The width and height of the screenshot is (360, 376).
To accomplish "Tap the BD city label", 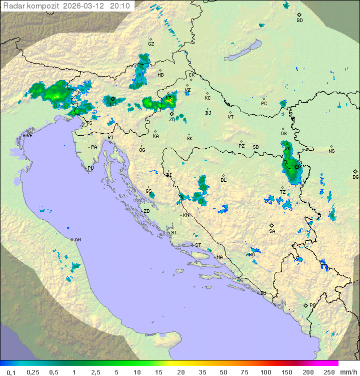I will pos(299,21).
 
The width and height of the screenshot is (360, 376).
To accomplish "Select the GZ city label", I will pos(151,44).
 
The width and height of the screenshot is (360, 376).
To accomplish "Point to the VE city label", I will pos(29,136).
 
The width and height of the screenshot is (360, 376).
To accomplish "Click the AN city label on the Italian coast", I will pos(77,240).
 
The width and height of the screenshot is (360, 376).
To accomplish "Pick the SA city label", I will pos(272,231).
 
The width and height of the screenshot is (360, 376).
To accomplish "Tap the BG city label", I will pos(355,177).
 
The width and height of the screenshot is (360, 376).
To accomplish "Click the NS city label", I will pos(331,151).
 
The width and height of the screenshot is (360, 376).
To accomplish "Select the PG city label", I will pos(312,305).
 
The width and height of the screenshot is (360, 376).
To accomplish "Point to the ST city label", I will pos(198,245).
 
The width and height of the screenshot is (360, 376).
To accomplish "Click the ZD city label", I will pos(146,211).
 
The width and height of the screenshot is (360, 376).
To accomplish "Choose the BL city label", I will pos(223,180).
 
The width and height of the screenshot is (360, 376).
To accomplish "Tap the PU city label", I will pos(90,168).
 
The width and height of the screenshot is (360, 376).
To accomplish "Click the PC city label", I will pos(264,104).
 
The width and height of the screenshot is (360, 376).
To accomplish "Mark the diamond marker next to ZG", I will pos(171,114).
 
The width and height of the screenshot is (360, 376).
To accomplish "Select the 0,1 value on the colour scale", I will pos(11,372).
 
